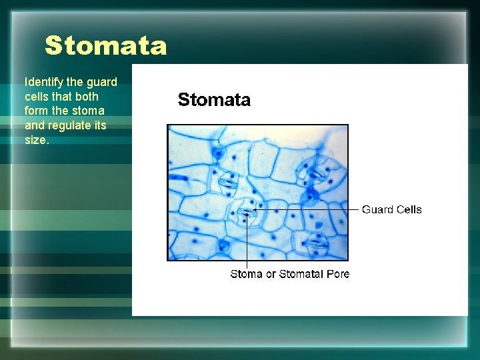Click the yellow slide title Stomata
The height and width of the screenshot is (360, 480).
[x=105, y=46]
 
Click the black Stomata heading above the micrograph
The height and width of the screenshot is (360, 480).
[x=214, y=100]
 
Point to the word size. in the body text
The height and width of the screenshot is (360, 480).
[x=38, y=140]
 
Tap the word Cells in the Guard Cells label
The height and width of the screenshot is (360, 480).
[x=409, y=209]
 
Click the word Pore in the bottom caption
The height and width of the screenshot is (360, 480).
[x=338, y=274]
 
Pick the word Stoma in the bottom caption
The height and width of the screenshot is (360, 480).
[x=246, y=274]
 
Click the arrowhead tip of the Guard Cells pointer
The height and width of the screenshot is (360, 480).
[x=255, y=209]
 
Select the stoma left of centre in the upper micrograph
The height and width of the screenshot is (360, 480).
[x=227, y=182]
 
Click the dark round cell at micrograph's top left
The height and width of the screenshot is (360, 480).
[x=217, y=154]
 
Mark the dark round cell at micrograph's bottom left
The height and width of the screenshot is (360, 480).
[x=223, y=249]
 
